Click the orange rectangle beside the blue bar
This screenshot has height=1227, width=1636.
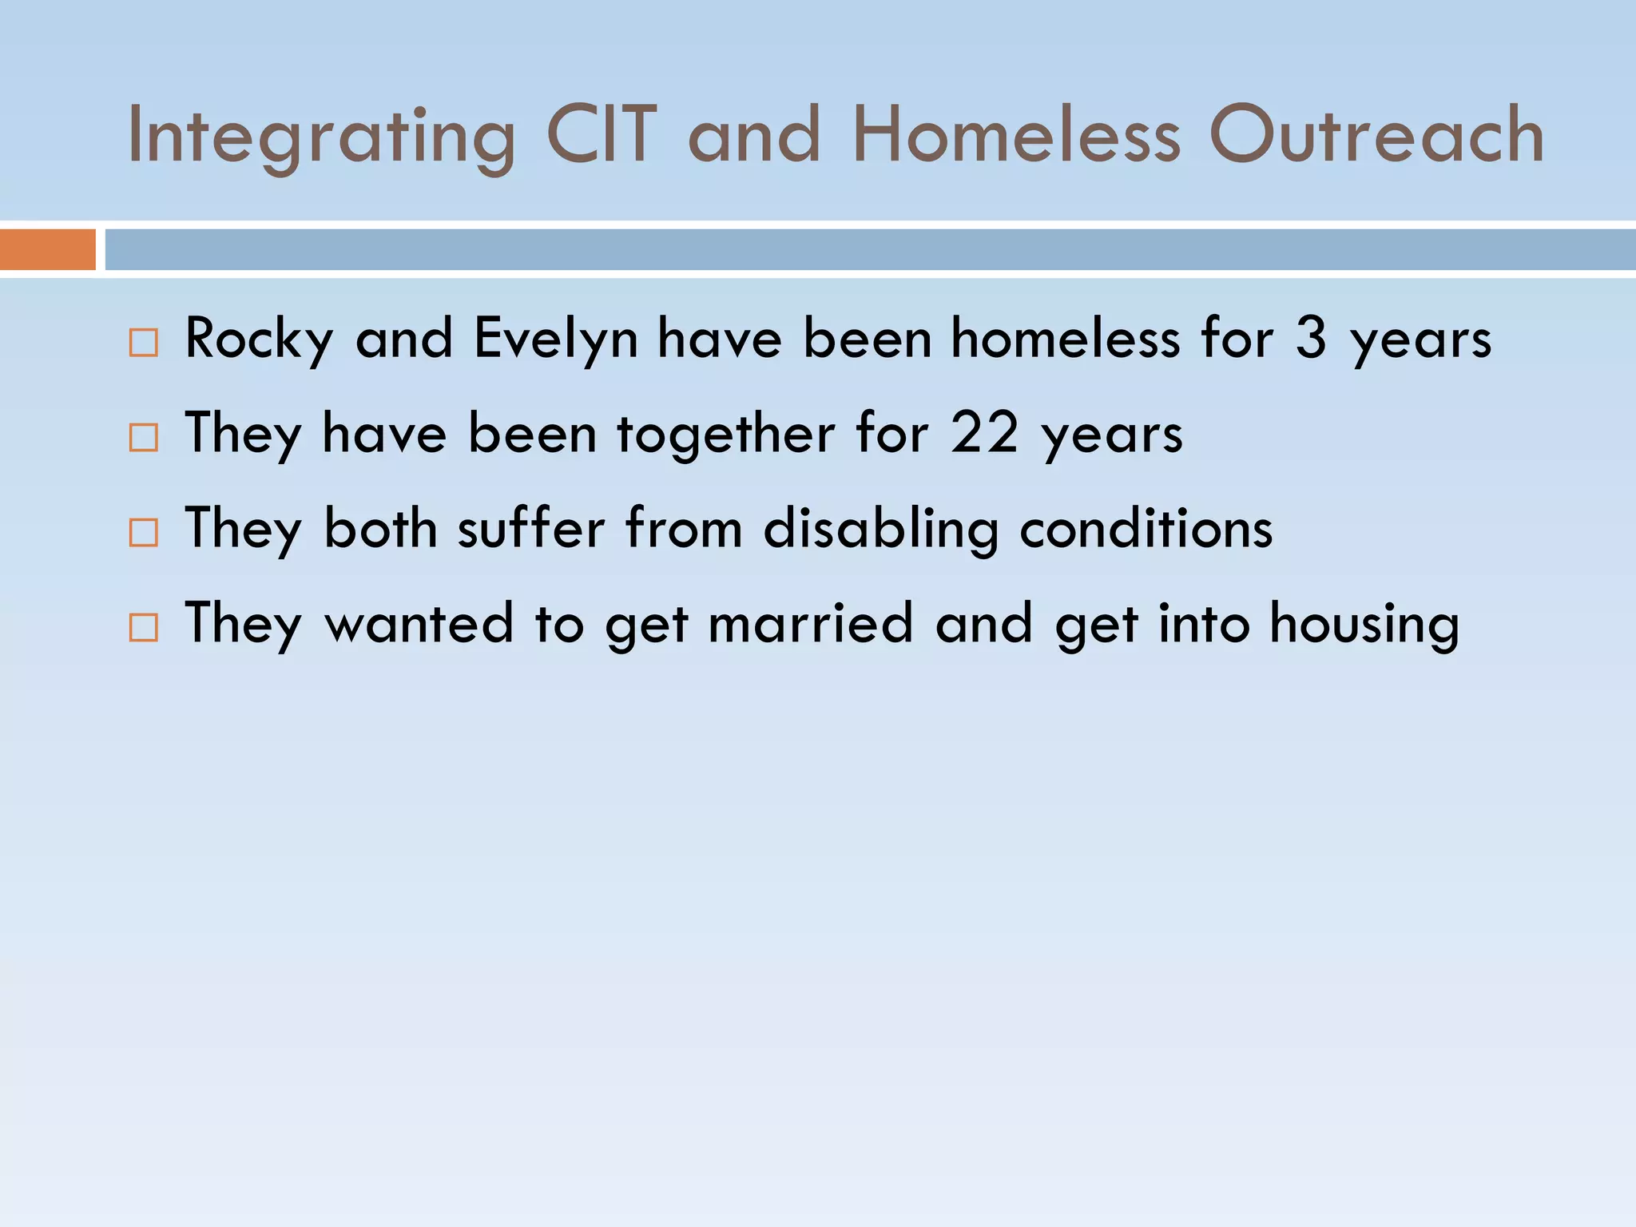point(48,249)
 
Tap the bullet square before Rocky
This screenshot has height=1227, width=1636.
point(144,343)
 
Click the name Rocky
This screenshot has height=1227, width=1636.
point(258,340)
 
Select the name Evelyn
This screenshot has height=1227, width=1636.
point(556,340)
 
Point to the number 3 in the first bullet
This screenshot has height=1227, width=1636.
point(1311,338)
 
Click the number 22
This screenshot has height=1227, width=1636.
point(984,433)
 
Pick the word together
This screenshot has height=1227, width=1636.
point(725,434)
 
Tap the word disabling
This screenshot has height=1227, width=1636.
point(881,530)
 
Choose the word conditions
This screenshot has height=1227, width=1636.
point(1146,528)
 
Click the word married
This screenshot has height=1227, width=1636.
point(811,623)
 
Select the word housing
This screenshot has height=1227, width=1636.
point(1364,625)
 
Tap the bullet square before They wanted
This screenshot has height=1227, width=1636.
point(144,628)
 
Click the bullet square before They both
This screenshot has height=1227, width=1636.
point(144,533)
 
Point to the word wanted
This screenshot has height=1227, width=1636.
point(419,623)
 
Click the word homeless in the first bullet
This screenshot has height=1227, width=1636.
point(1065,338)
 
